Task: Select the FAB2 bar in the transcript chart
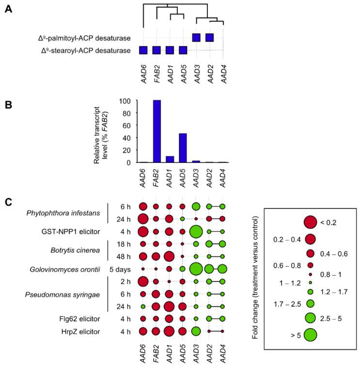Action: click(157, 131)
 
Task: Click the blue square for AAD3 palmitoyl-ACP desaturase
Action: click(196, 37)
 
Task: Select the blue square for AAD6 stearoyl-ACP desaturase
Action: click(143, 50)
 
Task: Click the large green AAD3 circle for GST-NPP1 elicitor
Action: click(196, 231)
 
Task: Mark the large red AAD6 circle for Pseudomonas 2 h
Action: click(143, 281)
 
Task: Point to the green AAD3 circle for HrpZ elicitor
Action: click(196, 331)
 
